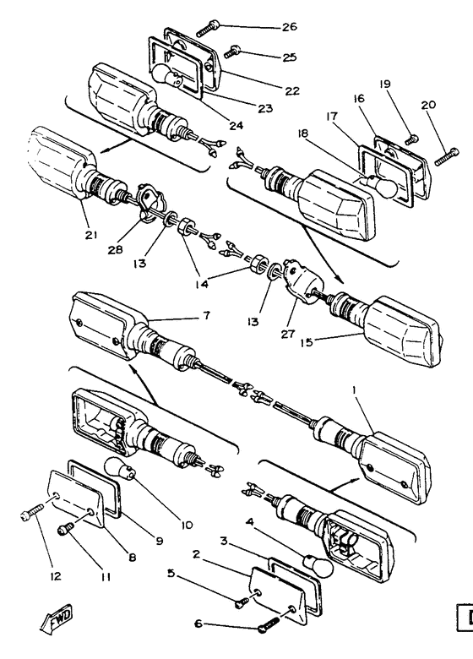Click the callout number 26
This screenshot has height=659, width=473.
click(289, 27)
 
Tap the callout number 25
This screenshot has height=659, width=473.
click(289, 57)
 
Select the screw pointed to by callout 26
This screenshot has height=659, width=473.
click(208, 28)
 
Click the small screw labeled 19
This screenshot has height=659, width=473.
click(412, 139)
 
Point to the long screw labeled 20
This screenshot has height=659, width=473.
click(447, 156)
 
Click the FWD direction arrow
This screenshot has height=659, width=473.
click(57, 618)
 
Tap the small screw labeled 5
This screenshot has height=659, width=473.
click(242, 603)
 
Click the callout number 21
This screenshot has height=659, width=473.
click(91, 235)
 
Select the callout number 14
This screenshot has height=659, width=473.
click(202, 284)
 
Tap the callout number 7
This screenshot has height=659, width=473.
click(206, 315)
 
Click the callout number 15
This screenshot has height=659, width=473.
click(307, 342)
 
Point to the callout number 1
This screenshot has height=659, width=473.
click(354, 391)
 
